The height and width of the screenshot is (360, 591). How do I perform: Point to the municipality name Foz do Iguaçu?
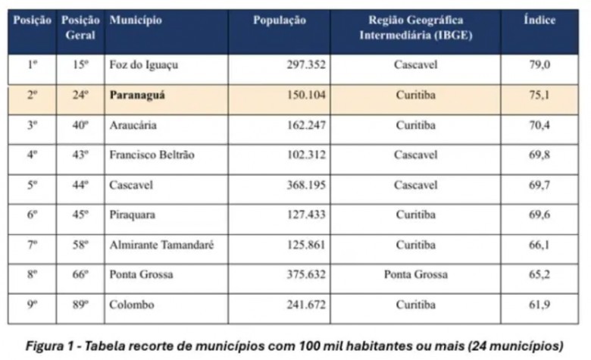[144, 65]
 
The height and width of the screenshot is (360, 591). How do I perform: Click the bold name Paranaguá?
[137, 95]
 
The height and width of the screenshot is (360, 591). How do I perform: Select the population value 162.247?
[306, 125]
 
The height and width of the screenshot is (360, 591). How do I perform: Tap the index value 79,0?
[539, 64]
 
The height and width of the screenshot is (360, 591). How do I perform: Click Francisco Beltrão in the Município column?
[152, 155]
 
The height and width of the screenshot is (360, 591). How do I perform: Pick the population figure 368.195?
[306, 185]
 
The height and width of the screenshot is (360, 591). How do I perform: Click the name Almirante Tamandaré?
[161, 245]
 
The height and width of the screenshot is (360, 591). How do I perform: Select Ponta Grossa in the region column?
[416, 274]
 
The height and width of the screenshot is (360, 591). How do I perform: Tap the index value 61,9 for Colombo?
[539, 304]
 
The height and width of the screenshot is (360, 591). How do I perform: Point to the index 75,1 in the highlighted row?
[539, 95]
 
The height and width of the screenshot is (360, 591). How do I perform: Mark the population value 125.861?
[306, 245]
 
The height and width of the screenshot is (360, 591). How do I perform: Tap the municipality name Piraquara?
[133, 215]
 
